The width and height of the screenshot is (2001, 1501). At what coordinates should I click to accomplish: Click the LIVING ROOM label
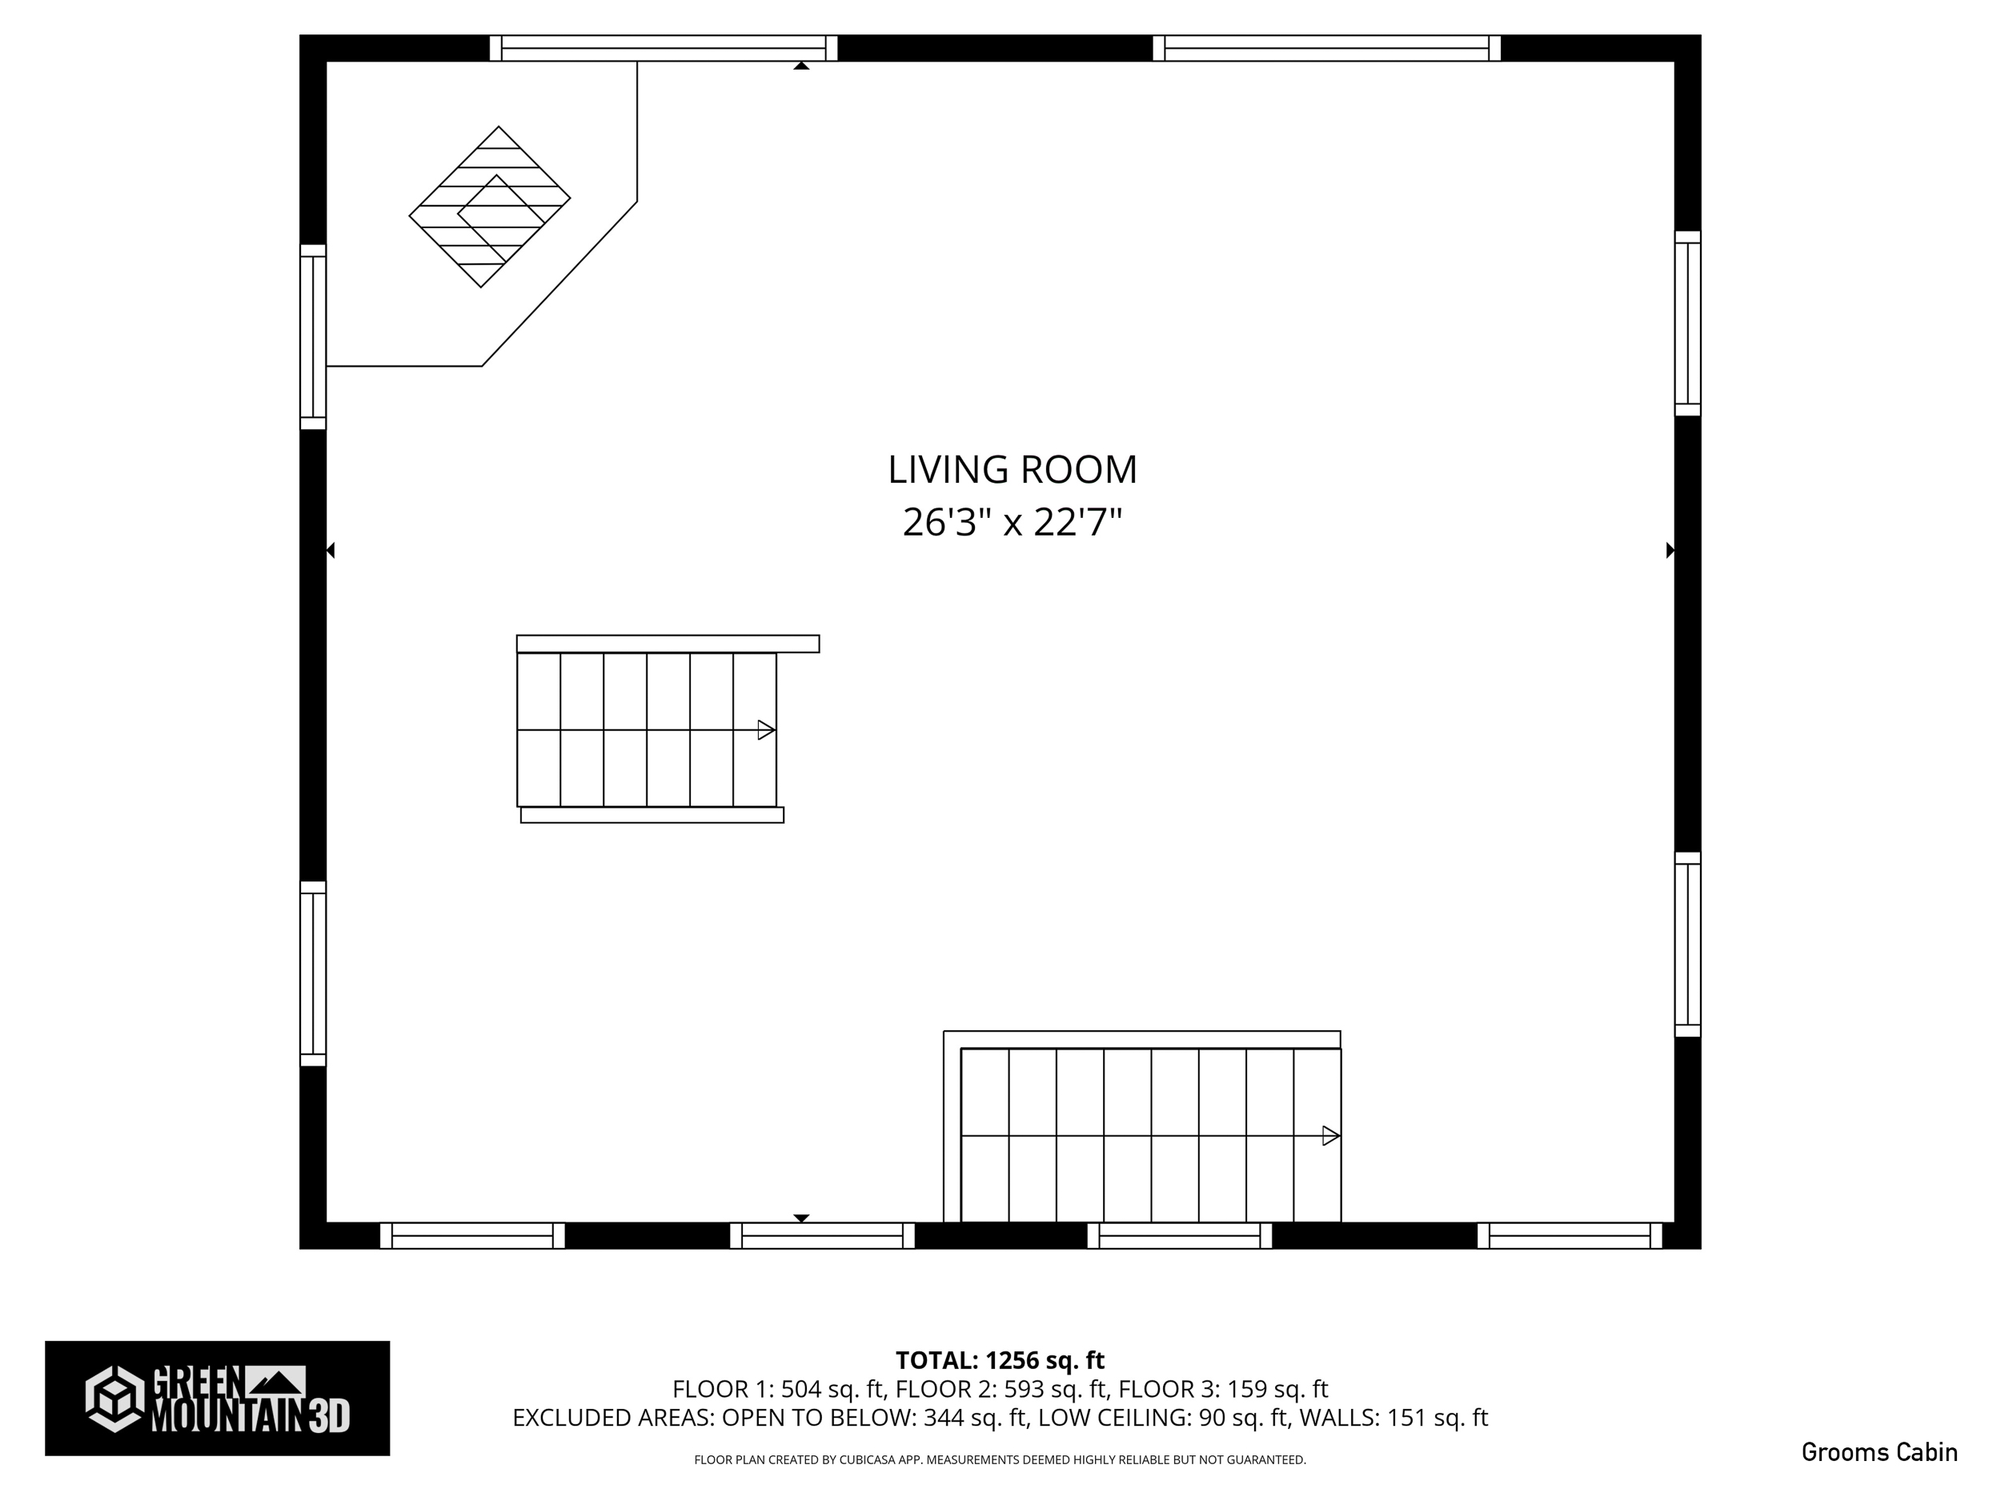[x=1012, y=470]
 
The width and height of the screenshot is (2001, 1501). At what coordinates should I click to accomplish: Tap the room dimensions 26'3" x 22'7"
[x=1012, y=522]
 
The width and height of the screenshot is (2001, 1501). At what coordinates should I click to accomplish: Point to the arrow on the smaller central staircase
[x=765, y=729]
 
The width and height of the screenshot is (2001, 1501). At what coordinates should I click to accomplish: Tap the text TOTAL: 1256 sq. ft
[x=1000, y=1361]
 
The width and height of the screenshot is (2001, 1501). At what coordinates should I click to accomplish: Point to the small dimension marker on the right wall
[x=1670, y=550]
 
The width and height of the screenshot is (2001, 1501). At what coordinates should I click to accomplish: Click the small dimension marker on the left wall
[x=331, y=550]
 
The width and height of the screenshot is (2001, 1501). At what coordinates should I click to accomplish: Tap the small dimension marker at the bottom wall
[x=800, y=1218]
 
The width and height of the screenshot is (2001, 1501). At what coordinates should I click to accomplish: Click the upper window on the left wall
[x=313, y=336]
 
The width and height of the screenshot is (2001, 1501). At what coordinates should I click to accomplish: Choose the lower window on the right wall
[x=1687, y=944]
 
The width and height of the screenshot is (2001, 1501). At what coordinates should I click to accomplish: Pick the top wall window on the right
[x=1326, y=48]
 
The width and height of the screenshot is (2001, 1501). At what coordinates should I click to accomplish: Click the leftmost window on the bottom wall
[x=472, y=1235]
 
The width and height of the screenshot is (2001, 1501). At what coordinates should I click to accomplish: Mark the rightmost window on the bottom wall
[x=1570, y=1235]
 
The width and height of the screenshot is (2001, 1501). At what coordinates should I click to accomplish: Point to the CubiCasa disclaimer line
[x=1000, y=1459]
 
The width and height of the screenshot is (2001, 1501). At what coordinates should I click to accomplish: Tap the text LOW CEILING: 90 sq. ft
[x=1162, y=1418]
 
